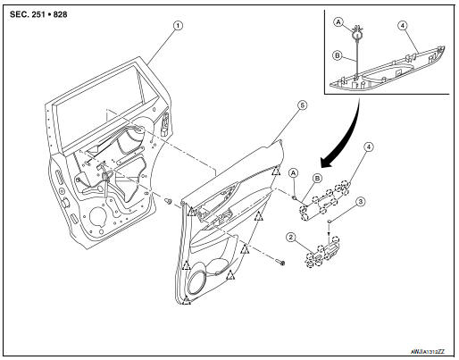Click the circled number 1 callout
[178, 26]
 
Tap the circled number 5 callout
[301, 105]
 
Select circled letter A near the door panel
[295, 172]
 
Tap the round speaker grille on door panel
[199, 285]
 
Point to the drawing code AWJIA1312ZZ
[424, 354]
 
